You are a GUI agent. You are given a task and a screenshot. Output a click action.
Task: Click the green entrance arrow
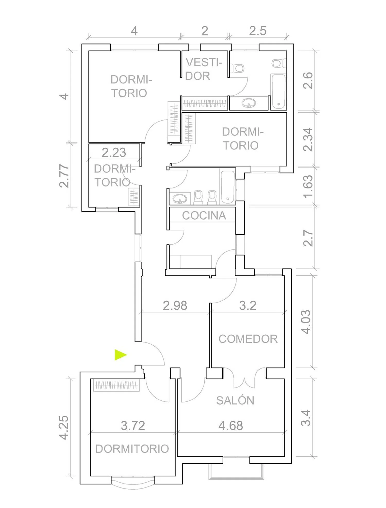pyautogui.click(x=120, y=355)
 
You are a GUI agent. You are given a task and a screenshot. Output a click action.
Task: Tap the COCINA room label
pyautogui.click(x=204, y=216)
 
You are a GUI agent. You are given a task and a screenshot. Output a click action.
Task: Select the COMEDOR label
pyautogui.click(x=248, y=339)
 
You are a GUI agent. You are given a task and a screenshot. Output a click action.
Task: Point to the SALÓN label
pyautogui.click(x=235, y=400)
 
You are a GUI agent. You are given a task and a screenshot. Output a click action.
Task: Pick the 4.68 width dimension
pyautogui.click(x=231, y=426)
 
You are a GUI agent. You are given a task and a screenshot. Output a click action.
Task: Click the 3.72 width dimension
pyautogui.click(x=133, y=426)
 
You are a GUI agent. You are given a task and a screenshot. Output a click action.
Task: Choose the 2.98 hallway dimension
pyautogui.click(x=175, y=306)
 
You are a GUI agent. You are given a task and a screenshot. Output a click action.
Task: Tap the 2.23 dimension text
pyautogui.click(x=114, y=153)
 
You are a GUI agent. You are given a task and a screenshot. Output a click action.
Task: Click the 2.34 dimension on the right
pyautogui.click(x=308, y=140)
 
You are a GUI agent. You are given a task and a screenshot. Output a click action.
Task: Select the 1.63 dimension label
pyautogui.click(x=308, y=187)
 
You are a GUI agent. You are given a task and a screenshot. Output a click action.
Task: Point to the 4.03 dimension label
pyautogui.click(x=306, y=322)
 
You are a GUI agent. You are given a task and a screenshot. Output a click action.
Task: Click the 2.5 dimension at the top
pyautogui.click(x=258, y=31)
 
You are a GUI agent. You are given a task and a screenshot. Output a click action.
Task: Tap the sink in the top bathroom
pyautogui.click(x=249, y=103)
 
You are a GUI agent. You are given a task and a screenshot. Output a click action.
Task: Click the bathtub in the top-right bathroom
pyautogui.click(x=278, y=91)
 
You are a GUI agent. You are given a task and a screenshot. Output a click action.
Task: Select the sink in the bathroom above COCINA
pyautogui.click(x=180, y=199)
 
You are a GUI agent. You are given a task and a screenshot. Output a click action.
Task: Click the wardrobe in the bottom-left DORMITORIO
pyautogui.click(x=116, y=385)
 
